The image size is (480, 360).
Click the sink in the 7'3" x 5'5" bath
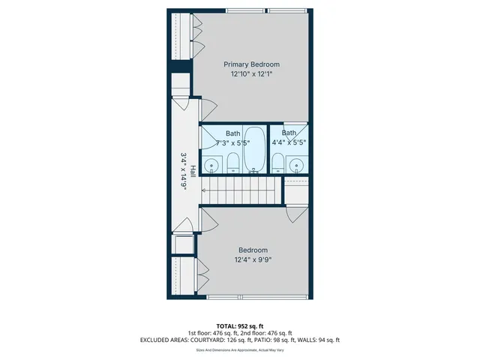[x=212, y=165]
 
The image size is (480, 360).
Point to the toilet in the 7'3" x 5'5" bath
[x=232, y=163]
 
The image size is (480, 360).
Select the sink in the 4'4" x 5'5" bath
[x=298, y=165]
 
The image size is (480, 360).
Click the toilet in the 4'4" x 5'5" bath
[x=277, y=163]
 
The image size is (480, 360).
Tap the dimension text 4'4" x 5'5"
[x=289, y=142]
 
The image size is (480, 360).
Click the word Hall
[x=193, y=171]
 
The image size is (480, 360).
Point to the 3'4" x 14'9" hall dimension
[x=183, y=171]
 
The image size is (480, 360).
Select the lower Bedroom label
[x=253, y=250]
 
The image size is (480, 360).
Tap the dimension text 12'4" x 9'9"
[x=253, y=260]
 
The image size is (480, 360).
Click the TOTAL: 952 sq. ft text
[x=240, y=325]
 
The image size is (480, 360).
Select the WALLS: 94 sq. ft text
[x=319, y=340]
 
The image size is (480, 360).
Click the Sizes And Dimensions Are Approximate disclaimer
[x=240, y=349]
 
